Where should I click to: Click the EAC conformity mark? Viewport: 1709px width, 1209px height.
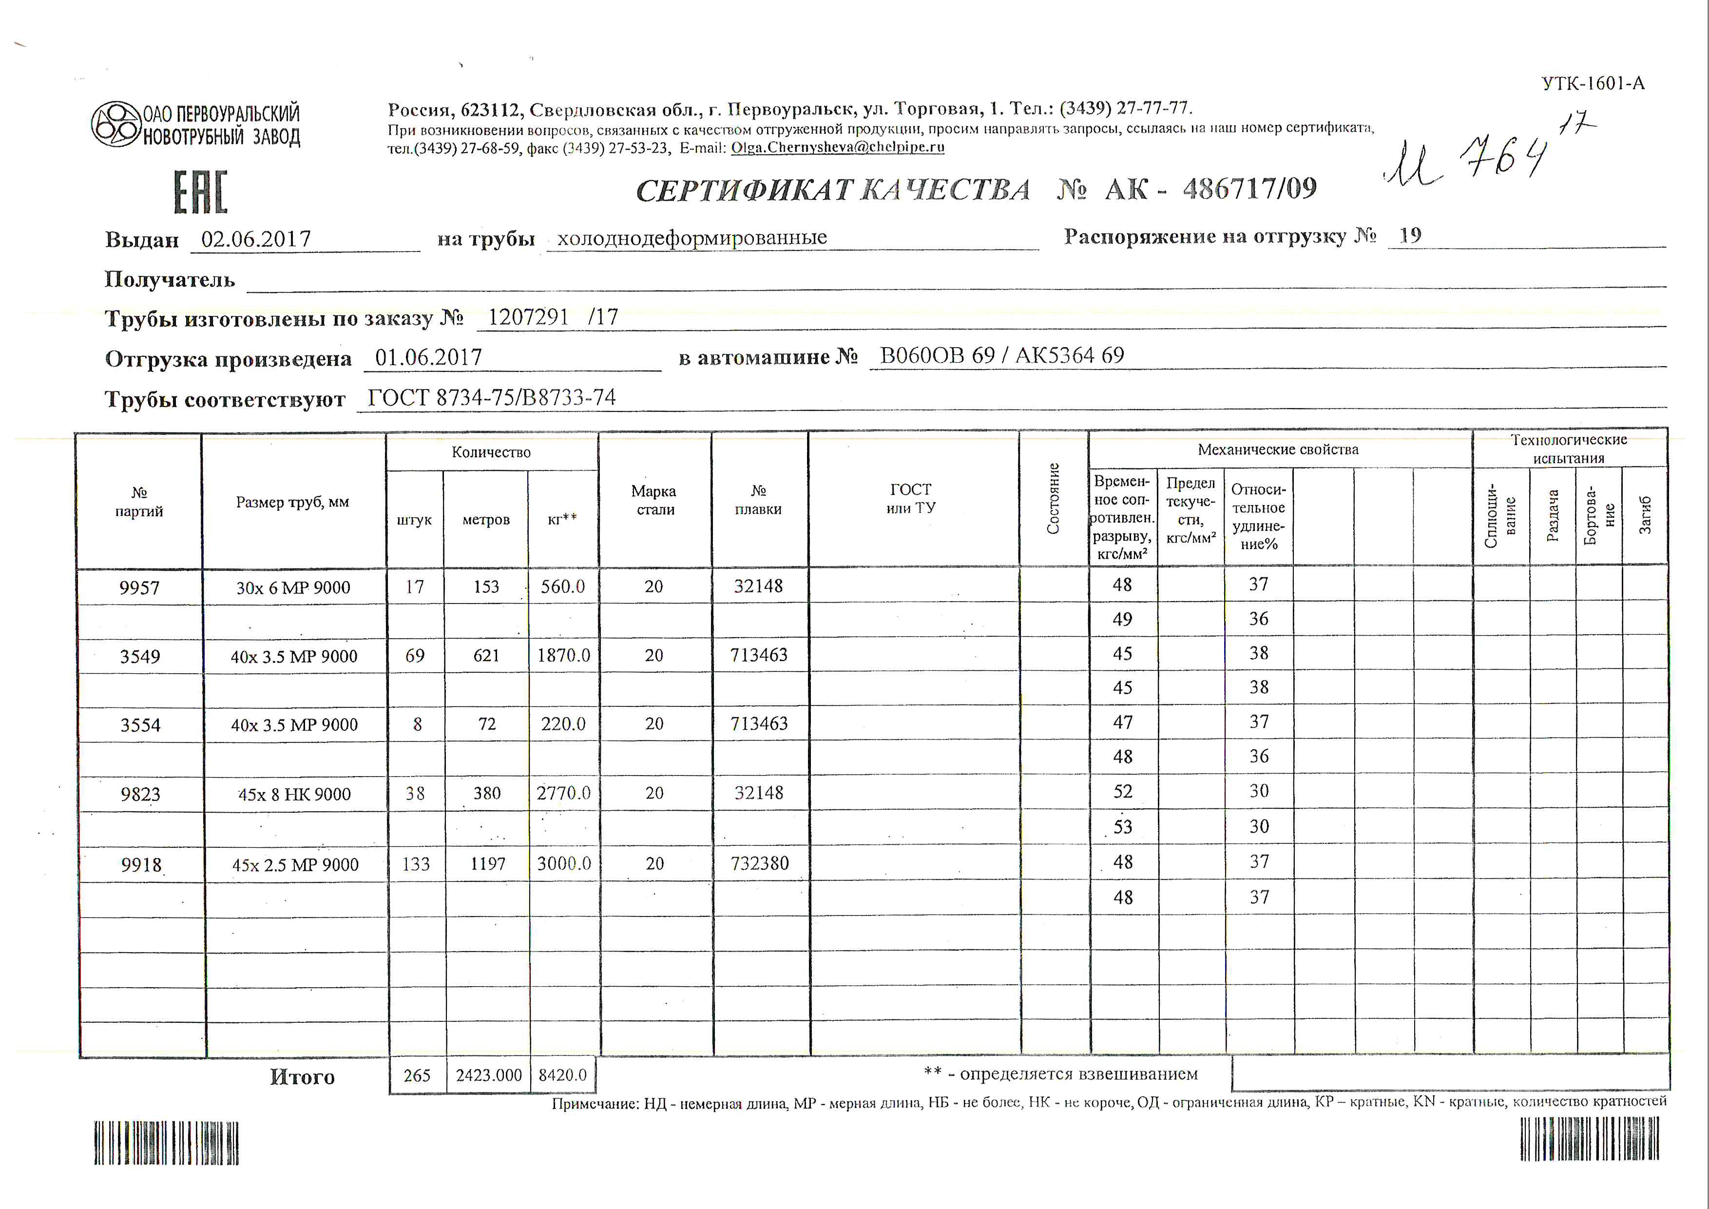[200, 192]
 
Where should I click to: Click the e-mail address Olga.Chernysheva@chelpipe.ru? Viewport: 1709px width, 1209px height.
[837, 147]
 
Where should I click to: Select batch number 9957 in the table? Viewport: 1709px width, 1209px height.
[139, 588]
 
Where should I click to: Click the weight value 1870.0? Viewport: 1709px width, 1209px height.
[563, 656]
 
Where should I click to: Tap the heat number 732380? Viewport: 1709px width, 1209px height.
[759, 863]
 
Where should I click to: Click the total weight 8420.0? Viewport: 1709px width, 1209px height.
[563, 1075]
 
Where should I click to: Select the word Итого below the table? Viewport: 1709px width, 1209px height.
[302, 1077]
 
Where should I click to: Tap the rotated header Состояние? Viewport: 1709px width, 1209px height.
[1053, 498]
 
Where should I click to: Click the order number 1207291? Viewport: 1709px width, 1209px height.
[528, 318]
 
